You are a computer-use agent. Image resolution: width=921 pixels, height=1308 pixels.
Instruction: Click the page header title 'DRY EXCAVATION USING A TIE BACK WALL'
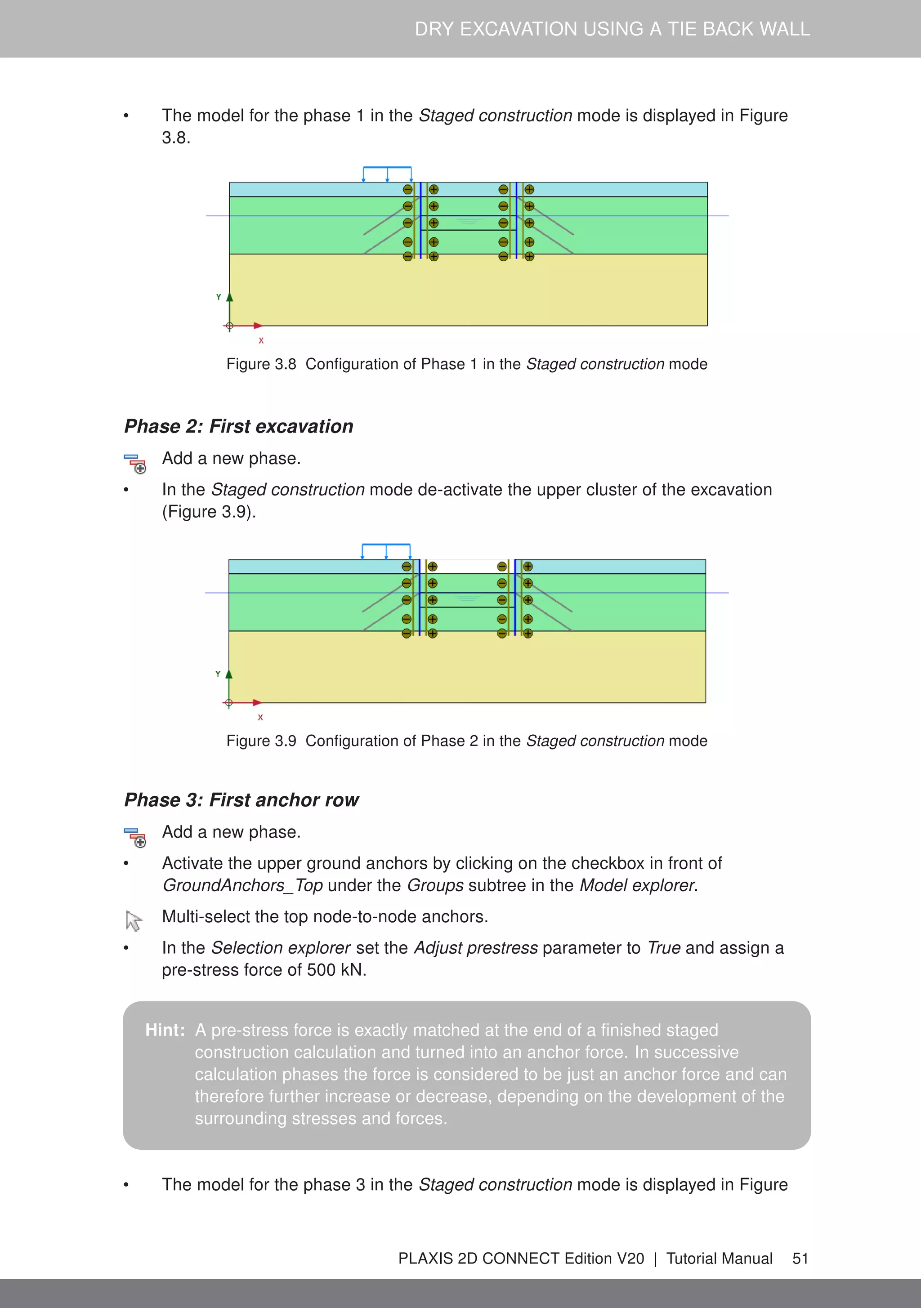pos(612,29)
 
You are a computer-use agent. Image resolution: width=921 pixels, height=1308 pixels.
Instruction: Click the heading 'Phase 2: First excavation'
pos(238,426)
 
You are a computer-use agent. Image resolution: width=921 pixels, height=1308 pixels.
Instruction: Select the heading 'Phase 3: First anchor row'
pos(241,800)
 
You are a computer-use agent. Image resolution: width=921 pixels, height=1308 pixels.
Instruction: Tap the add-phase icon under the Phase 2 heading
pos(135,464)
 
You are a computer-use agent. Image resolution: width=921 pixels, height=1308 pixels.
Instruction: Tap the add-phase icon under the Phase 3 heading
pos(135,837)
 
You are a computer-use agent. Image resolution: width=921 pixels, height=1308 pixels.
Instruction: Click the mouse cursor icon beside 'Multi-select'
pos(134,920)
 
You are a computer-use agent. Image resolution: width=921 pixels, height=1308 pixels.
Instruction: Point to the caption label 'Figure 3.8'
pos(261,364)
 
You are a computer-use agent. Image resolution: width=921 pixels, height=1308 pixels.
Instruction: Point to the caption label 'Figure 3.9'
pos(261,741)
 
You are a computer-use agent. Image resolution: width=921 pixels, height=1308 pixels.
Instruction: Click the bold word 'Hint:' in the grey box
pos(165,1030)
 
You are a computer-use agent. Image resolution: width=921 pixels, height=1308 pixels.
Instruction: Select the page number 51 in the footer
pos(800,1259)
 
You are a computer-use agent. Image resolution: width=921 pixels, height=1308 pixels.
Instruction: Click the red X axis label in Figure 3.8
pos(261,341)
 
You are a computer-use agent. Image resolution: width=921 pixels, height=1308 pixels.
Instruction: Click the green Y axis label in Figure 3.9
pos(218,674)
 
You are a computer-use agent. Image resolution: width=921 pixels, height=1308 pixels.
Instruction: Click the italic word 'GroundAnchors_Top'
pos(243,885)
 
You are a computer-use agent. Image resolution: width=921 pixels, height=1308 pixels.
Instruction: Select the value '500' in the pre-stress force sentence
pos(321,969)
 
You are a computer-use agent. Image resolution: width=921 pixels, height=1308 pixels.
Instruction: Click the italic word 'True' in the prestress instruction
pos(664,947)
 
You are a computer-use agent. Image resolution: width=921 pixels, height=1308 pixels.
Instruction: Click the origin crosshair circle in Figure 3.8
pos(230,326)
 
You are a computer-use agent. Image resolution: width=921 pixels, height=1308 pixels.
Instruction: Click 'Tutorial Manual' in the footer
pos(719,1259)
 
